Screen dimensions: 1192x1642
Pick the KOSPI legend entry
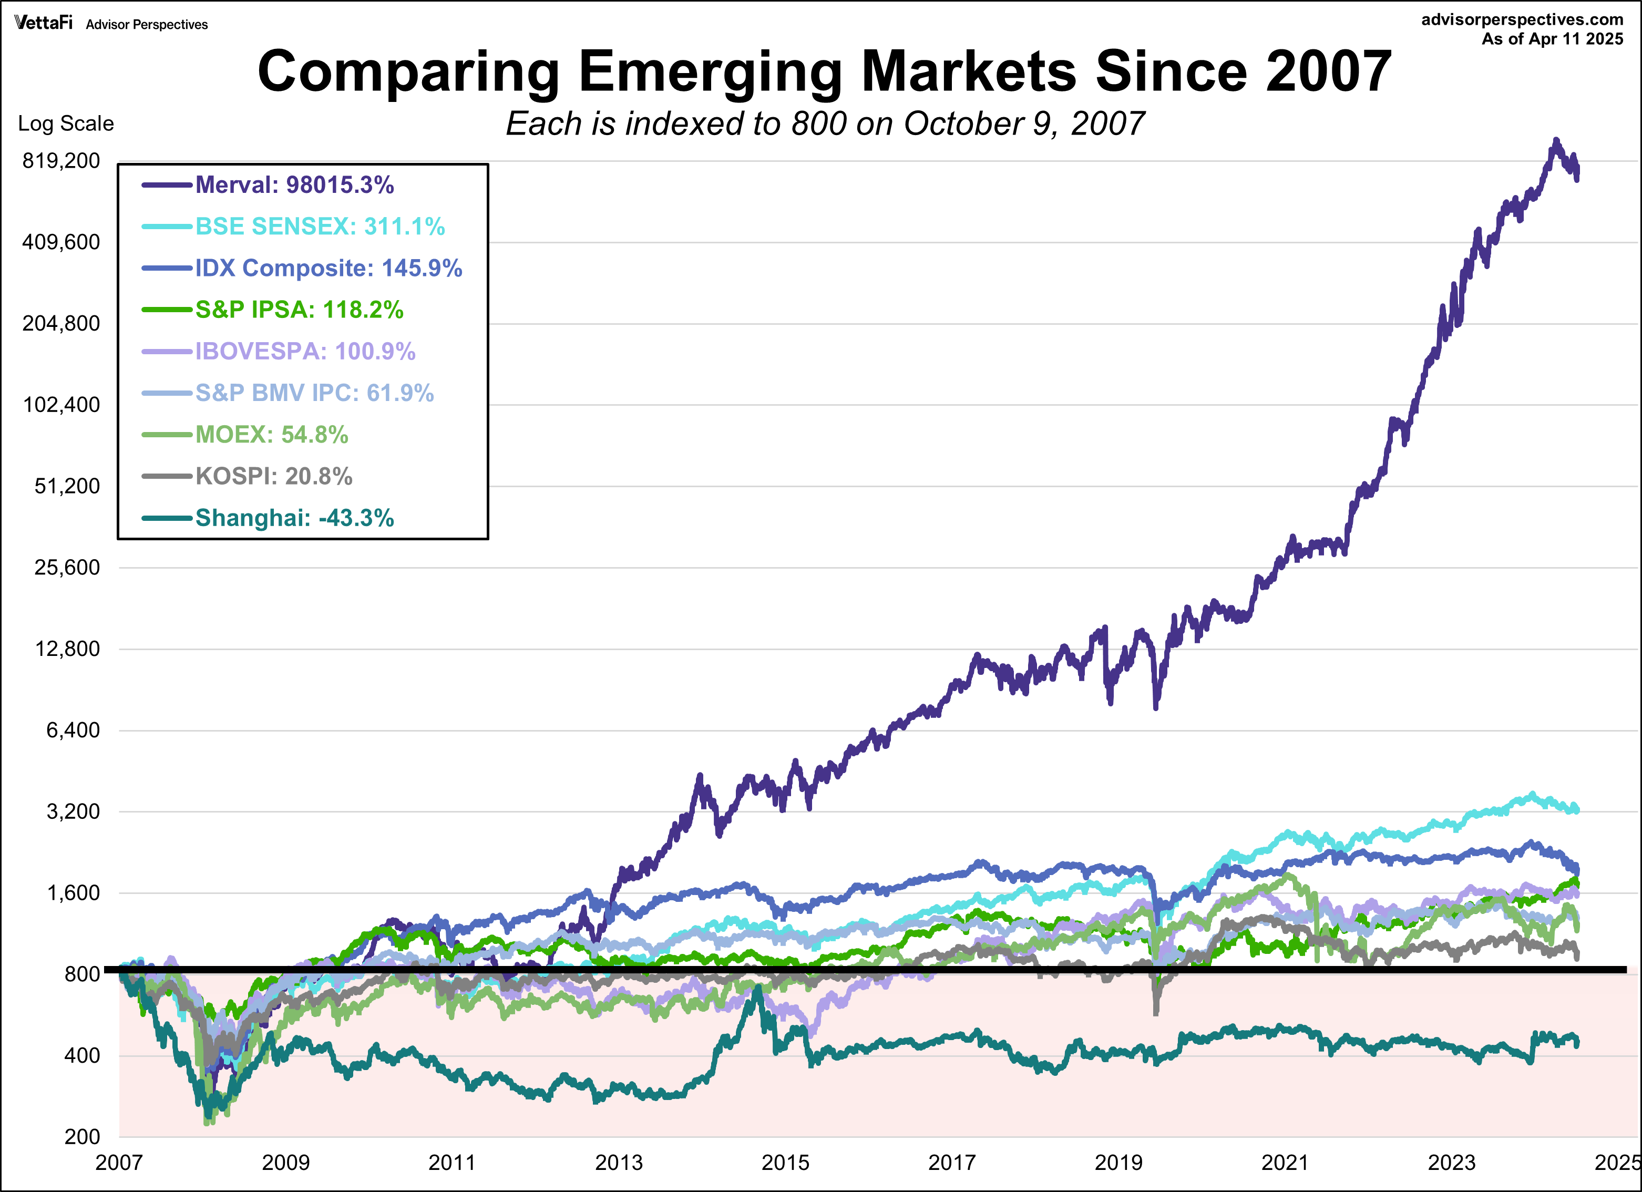(274, 476)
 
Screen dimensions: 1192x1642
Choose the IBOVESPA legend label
(305, 352)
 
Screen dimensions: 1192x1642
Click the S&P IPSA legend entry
(299, 310)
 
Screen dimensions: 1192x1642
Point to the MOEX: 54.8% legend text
(272, 435)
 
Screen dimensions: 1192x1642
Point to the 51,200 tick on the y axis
(67, 486)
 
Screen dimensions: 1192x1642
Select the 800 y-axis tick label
(82, 974)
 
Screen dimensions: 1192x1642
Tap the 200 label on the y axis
(82, 1137)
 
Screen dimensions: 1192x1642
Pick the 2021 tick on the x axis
(1285, 1163)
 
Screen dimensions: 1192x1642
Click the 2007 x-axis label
(119, 1163)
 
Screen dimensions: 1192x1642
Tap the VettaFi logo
(44, 23)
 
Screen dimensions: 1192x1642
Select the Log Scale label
(66, 124)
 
